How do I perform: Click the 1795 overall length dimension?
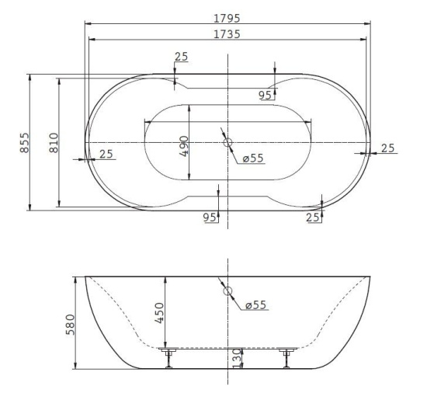pyautogui.click(x=227, y=18)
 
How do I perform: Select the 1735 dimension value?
pyautogui.click(x=227, y=34)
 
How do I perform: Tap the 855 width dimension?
pyautogui.click(x=25, y=142)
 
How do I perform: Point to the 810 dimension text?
pyautogui.click(x=54, y=142)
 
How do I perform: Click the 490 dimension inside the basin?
pyautogui.click(x=184, y=146)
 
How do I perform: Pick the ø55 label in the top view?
pyautogui.click(x=253, y=158)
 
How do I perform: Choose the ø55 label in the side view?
pyautogui.click(x=255, y=304)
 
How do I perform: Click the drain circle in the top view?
pyautogui.click(x=227, y=142)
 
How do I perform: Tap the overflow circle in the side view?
pyautogui.click(x=227, y=291)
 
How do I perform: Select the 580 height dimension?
pyautogui.click(x=70, y=325)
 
